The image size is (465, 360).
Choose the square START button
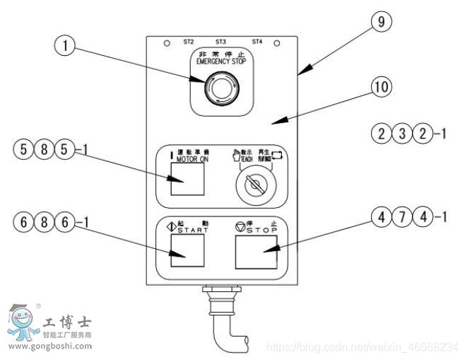pyautogui.click(x=187, y=251)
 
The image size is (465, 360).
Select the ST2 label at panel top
pyautogui.click(x=189, y=42)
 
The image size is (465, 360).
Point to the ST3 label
pyautogui.click(x=220, y=42)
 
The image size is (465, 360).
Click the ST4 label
pyautogui.click(x=257, y=42)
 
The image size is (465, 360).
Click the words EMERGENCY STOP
pyautogui.click(x=221, y=62)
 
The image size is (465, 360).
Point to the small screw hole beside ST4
pyautogui.click(x=276, y=44)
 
